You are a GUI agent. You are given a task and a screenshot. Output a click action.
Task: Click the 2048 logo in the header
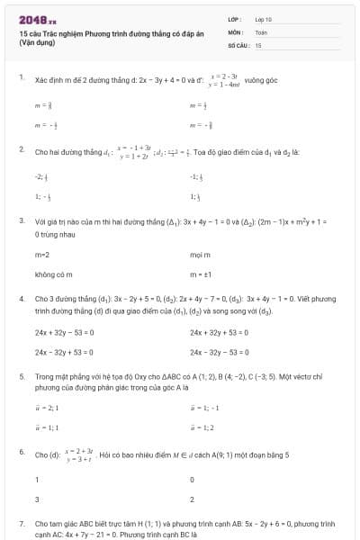(37, 19)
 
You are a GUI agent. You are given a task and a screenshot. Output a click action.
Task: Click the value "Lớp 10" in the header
(263, 19)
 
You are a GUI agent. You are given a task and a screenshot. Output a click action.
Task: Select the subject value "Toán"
(261, 31)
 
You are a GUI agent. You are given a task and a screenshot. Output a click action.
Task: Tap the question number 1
(21, 78)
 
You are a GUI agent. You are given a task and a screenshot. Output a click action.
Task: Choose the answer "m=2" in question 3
(41, 256)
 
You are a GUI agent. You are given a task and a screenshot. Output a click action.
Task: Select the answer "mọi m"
(200, 256)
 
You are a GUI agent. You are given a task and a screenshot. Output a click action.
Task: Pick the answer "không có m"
(53, 274)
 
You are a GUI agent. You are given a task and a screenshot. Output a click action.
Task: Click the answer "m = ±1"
(201, 274)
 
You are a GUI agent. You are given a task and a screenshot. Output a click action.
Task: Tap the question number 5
(21, 376)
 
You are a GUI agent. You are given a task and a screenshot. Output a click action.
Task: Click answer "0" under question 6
(193, 480)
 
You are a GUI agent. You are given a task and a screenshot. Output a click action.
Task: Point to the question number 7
(21, 522)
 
